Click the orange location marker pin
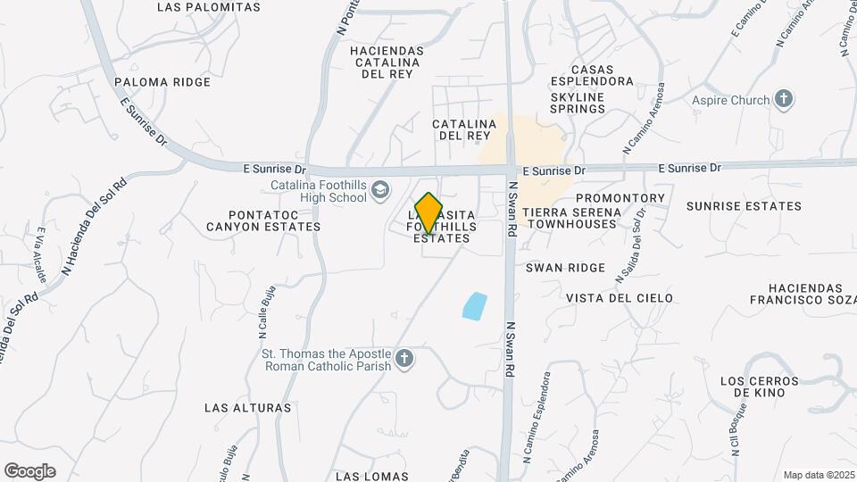click(428, 213)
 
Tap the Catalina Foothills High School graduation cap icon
click(381, 189)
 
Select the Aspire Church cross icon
click(784, 99)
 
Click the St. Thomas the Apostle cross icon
click(404, 359)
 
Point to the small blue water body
click(475, 305)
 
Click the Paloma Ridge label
click(162, 82)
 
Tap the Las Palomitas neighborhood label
click(208, 7)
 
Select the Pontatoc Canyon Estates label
click(262, 220)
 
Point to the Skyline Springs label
click(578, 103)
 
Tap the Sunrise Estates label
click(744, 206)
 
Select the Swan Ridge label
click(565, 268)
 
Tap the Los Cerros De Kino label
click(753, 386)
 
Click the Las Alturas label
click(247, 408)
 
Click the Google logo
click(29, 471)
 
